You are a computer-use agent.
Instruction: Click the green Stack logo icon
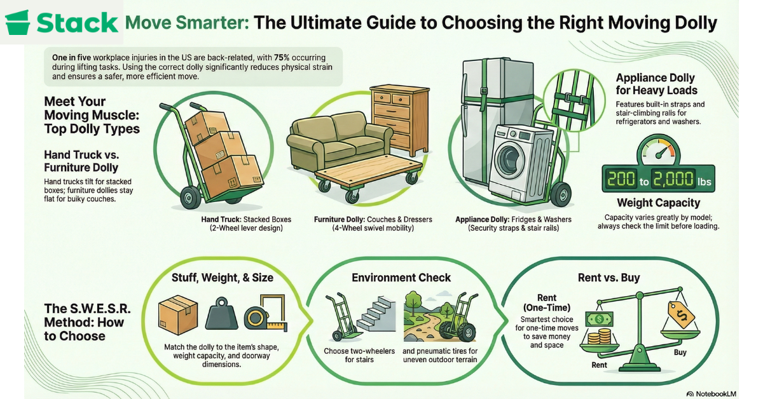pyautogui.click(x=17, y=22)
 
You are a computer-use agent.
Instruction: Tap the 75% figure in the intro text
pyautogui.click(x=281, y=58)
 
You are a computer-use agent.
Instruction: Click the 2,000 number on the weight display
pyautogui.click(x=673, y=179)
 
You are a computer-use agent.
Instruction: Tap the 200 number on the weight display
pyautogui.click(x=621, y=179)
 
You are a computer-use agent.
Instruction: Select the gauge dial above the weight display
pyautogui.click(x=658, y=151)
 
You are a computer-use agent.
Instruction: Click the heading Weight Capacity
pyautogui.click(x=659, y=203)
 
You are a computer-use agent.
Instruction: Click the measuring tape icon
pyautogui.click(x=266, y=313)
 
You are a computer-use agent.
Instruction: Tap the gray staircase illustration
pyautogui.click(x=376, y=314)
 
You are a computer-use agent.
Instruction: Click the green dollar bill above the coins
pyautogui.click(x=599, y=320)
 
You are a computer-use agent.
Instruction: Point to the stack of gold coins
pyautogui.click(x=600, y=336)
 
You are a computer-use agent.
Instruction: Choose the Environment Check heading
pyautogui.click(x=401, y=278)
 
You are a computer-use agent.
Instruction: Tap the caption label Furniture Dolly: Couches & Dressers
pyautogui.click(x=373, y=220)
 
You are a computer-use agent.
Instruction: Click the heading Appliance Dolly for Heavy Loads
pyautogui.click(x=656, y=84)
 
